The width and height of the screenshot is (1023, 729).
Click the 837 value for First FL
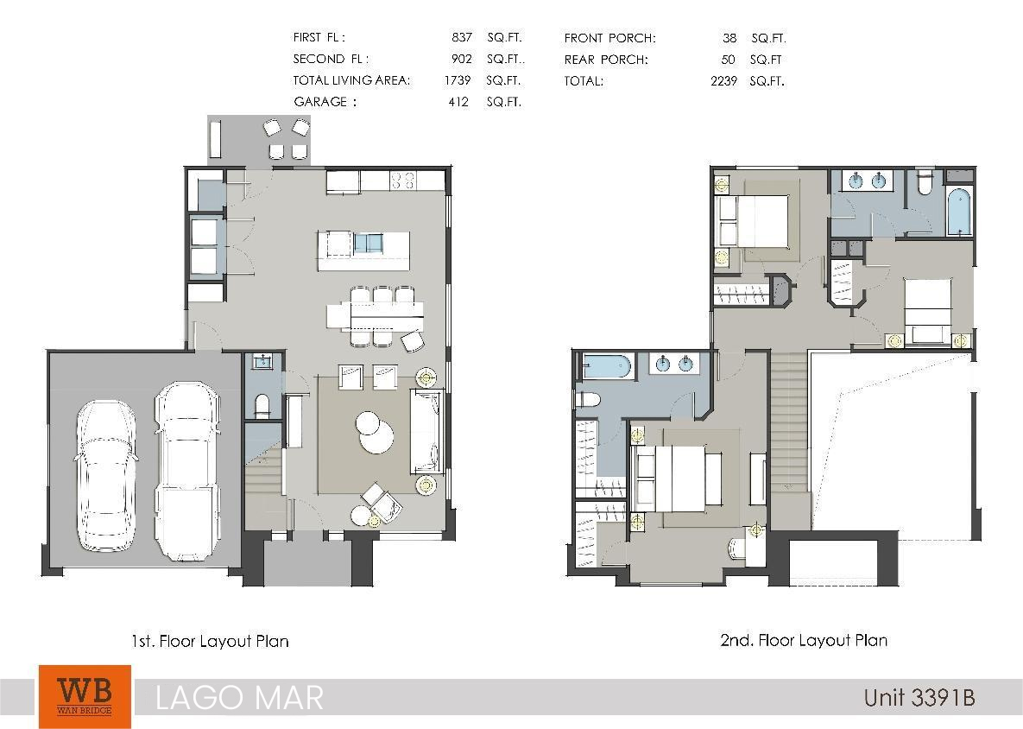point(462,37)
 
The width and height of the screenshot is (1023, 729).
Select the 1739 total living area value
point(458,80)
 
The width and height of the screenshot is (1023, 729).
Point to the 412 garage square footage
point(458,102)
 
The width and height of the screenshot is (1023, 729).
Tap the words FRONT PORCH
point(610,38)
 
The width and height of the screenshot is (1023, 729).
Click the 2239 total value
point(723,81)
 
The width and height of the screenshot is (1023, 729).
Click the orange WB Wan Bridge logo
point(85,696)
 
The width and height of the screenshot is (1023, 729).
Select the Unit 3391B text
point(919,697)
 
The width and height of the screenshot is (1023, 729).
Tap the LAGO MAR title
point(239,698)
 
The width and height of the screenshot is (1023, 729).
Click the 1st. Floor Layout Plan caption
point(210,642)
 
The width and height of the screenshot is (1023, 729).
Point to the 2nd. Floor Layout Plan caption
point(804,640)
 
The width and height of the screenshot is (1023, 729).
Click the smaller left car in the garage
point(106,477)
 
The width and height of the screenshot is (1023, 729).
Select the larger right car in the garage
point(186,472)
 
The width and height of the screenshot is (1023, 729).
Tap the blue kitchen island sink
point(368,244)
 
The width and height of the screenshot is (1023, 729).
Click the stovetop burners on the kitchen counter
point(402,181)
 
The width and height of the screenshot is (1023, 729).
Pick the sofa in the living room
point(427,431)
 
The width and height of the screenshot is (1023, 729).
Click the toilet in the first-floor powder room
point(262,405)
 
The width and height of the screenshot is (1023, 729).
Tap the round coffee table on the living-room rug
point(375,432)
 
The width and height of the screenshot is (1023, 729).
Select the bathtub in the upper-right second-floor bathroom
point(960,212)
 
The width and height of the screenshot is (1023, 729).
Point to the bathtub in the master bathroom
point(606,366)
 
